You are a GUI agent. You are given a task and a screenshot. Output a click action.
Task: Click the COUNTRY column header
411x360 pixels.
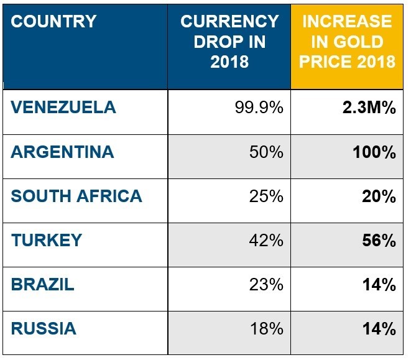[54, 22]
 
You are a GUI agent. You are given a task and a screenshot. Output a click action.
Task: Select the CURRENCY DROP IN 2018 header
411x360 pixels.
[229, 42]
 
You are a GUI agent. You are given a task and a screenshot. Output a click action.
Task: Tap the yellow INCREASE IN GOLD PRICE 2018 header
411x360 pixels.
[347, 42]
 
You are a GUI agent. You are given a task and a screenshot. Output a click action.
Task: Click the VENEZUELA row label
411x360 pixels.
[63, 108]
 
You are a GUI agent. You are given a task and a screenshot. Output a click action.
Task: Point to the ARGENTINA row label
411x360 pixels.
[62, 152]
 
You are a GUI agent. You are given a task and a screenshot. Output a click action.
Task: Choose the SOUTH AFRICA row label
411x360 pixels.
[76, 196]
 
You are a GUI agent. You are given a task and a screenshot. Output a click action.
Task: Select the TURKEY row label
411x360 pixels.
[46, 241]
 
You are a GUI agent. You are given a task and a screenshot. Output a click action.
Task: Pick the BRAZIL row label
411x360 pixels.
[43, 285]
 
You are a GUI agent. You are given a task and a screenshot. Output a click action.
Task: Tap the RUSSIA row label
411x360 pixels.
[44, 328]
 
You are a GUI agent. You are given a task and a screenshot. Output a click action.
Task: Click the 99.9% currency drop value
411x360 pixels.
[259, 108]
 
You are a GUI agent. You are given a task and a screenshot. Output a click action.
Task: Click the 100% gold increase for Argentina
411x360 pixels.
[374, 152]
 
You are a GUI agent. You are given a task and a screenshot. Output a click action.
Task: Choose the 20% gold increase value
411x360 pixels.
[379, 196]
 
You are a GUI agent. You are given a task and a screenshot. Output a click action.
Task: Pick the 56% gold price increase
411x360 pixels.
[379, 241]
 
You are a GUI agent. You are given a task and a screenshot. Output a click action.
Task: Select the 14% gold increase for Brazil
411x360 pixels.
[379, 285]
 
